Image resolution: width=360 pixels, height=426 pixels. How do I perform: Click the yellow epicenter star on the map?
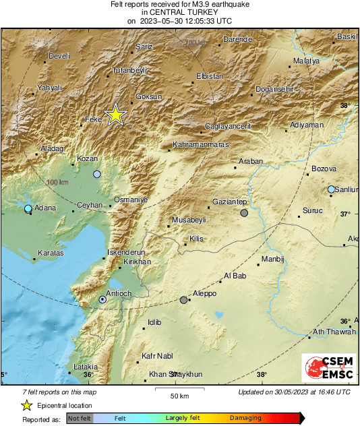coord(116,115)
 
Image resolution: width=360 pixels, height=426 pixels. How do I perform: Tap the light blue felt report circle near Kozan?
coord(97,174)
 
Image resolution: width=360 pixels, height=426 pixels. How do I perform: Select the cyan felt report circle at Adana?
coord(28,209)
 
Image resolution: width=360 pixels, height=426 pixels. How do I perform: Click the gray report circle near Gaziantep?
coord(244,213)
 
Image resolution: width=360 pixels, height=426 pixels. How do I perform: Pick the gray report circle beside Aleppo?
coord(183,300)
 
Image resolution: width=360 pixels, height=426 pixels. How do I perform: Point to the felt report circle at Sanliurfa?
coord(331,189)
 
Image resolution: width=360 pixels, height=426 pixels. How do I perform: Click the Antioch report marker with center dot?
coord(102,299)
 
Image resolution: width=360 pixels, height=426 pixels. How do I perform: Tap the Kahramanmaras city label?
coord(200,145)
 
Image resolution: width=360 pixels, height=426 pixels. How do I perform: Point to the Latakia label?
coord(86,367)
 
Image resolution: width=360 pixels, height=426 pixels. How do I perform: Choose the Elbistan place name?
coord(208,77)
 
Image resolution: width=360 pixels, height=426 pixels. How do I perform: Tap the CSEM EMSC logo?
coord(325,370)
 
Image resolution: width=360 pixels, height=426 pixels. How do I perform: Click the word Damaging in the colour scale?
coord(246,419)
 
